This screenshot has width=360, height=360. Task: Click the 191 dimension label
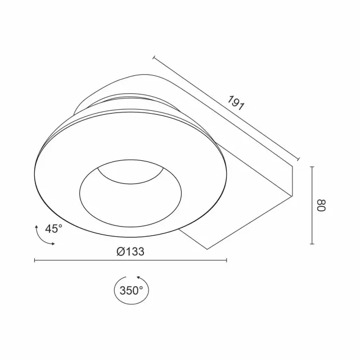(236, 103)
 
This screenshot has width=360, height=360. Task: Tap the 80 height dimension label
(321, 205)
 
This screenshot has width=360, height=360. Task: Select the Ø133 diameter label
(130, 251)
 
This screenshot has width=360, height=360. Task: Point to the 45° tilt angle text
(53, 229)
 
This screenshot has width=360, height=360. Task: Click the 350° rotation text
(131, 291)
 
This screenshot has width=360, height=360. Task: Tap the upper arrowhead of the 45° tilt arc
(36, 227)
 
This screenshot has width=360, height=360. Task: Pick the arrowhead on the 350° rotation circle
(139, 278)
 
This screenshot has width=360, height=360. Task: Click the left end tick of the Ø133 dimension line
(34, 260)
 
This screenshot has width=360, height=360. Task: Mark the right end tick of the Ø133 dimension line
(227, 260)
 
